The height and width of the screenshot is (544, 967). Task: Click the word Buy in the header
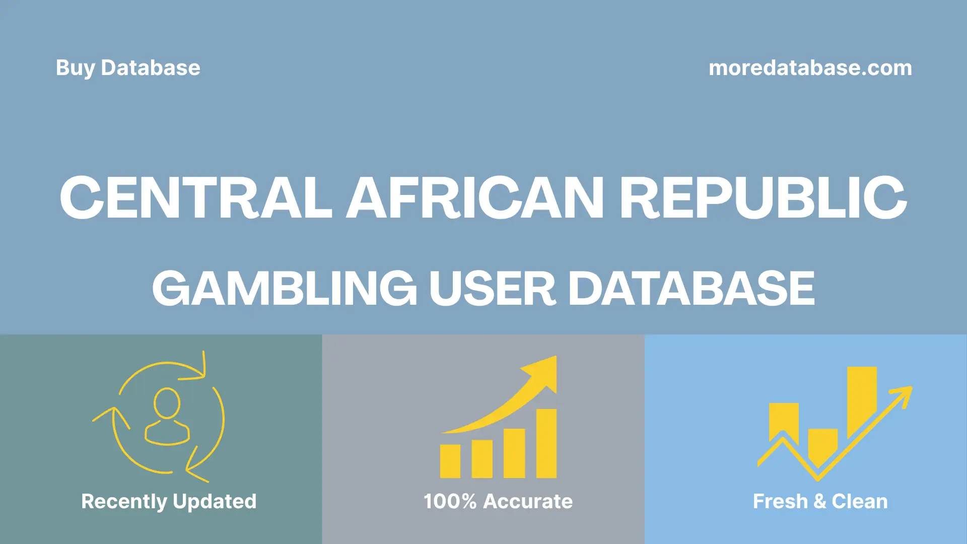pos(75,68)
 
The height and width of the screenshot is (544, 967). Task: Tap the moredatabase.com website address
pos(810,68)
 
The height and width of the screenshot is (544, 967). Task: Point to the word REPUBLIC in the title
pos(763,197)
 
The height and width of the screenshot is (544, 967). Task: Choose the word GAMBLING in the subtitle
pos(285,288)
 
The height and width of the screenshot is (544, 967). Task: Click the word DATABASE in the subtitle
pos(691,288)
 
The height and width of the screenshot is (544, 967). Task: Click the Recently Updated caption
pos(169,501)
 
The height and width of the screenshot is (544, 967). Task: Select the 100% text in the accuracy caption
pos(450,501)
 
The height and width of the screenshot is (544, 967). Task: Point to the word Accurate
pos(528,501)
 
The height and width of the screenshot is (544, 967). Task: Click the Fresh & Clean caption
pos(820,501)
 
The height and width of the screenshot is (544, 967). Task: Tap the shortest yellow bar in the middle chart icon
pos(450,461)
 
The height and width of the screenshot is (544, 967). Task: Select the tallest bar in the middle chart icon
pos(546,443)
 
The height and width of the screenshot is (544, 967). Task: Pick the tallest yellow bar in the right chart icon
pos(862,400)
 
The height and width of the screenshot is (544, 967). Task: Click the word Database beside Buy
pos(151,68)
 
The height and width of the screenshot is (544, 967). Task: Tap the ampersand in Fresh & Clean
pos(820,501)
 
